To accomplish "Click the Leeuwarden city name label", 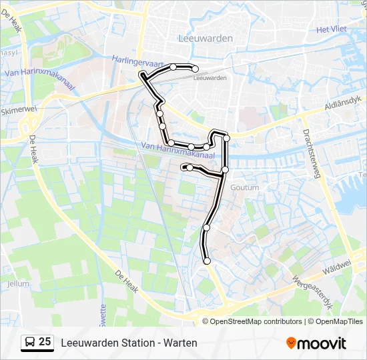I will [206, 38].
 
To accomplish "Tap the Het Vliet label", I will [332, 29].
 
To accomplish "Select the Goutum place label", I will [244, 188].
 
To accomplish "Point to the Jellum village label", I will [18, 283].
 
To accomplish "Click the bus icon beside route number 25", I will [30, 343].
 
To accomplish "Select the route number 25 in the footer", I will [45, 342].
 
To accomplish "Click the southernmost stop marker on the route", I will [207, 261].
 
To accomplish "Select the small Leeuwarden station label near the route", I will [210, 78].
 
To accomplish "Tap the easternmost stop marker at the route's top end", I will [196, 68].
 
